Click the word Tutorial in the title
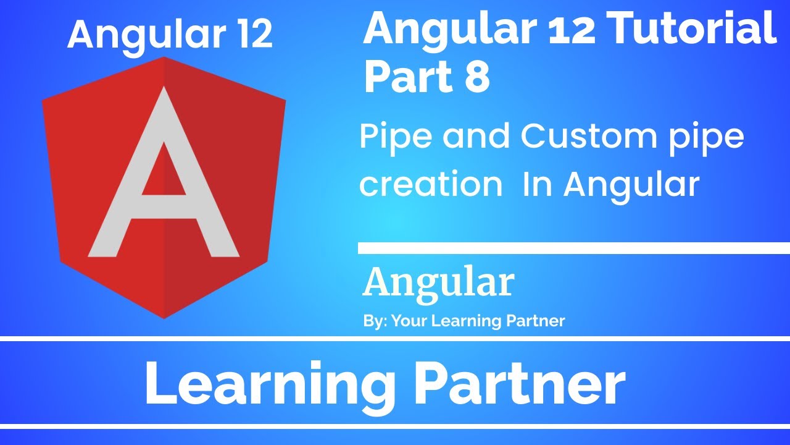tap(682, 29)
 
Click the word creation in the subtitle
tap(431, 184)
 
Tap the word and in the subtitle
tap(476, 137)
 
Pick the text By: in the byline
tap(375, 321)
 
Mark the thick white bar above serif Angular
tap(574, 248)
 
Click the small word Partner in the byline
tap(535, 321)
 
